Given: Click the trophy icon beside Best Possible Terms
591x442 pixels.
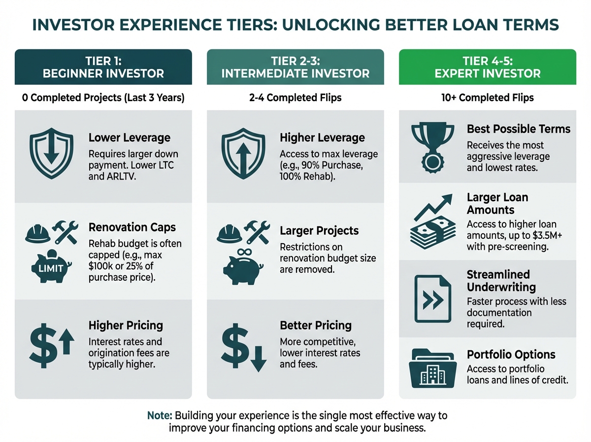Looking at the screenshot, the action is pyautogui.click(x=432, y=147).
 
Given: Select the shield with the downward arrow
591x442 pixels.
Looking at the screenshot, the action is pyautogui.click(x=51, y=153).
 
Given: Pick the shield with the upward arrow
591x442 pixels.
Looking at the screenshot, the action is pyautogui.click(x=243, y=153).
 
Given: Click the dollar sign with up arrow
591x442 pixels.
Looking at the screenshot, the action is pyautogui.click(x=51, y=346).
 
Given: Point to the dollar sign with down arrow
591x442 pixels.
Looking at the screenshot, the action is pyautogui.click(x=244, y=347).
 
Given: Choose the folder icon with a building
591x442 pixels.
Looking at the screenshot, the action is pyautogui.click(x=433, y=368).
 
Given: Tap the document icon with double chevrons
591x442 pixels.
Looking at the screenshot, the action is pyautogui.click(x=433, y=298).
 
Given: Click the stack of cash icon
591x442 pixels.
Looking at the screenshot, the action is pyautogui.click(x=433, y=232).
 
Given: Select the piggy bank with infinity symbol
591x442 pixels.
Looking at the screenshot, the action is pyautogui.click(x=243, y=267).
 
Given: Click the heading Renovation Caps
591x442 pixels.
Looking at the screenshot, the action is pyautogui.click(x=132, y=227).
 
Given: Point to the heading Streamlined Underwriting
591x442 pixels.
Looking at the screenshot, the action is pyautogui.click(x=501, y=281).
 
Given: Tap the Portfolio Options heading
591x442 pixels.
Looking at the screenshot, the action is pyautogui.click(x=511, y=354).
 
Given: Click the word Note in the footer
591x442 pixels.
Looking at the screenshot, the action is pyautogui.click(x=160, y=415).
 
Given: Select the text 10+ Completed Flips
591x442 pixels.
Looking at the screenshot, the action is pyautogui.click(x=488, y=98).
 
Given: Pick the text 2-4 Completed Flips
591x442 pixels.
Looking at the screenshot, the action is pyautogui.click(x=295, y=98).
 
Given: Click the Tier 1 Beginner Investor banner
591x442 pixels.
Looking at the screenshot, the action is pyautogui.click(x=103, y=67).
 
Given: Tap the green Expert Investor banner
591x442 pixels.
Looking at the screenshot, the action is pyautogui.click(x=488, y=67).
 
